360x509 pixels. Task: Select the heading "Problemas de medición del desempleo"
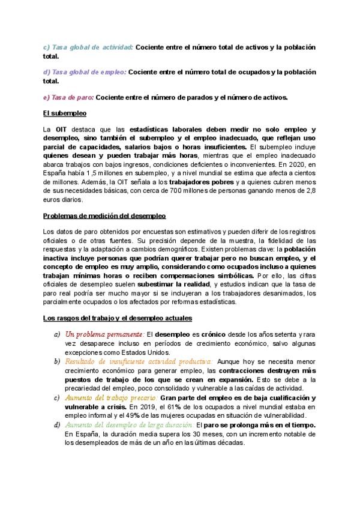click(104, 215)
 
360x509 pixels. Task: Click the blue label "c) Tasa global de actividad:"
click(88, 47)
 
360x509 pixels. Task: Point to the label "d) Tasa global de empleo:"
click(84, 72)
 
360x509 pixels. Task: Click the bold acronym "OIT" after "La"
click(61, 129)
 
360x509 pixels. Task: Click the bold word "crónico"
click(214, 334)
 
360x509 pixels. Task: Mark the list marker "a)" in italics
click(57, 334)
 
